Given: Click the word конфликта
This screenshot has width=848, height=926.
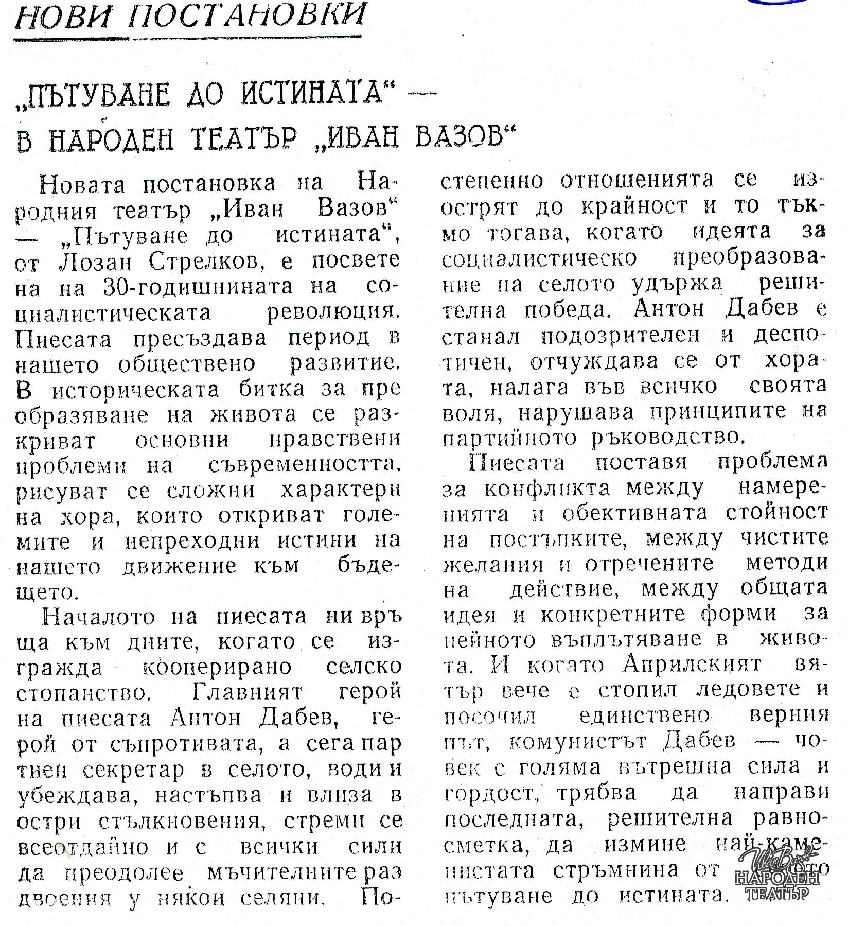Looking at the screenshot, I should (x=547, y=488).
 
